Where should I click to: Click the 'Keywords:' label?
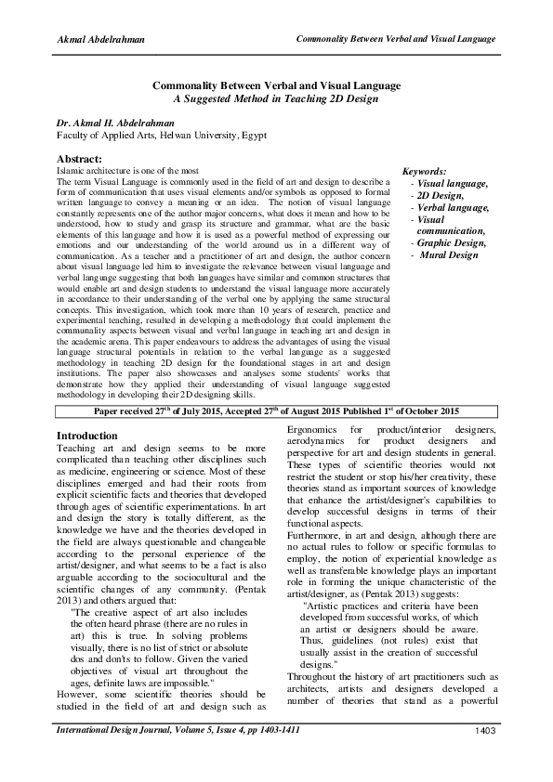coord(423,173)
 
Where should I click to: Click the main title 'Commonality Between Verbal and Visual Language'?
coord(276,85)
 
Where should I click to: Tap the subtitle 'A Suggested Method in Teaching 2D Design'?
coord(276,97)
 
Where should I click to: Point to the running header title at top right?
coord(394,39)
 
